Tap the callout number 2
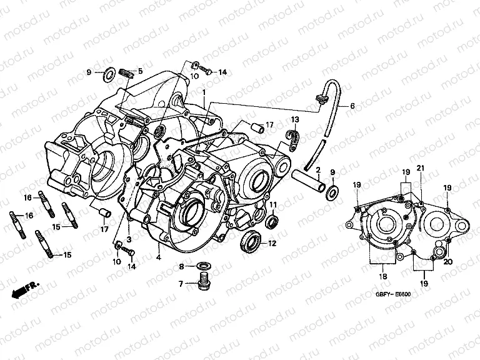click(x=317, y=170)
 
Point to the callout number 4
click(x=159, y=256)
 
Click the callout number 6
click(x=351, y=106)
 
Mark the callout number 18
click(x=382, y=276)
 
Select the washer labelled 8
click(x=202, y=265)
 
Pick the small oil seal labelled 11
click(x=272, y=222)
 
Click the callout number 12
click(x=272, y=243)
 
